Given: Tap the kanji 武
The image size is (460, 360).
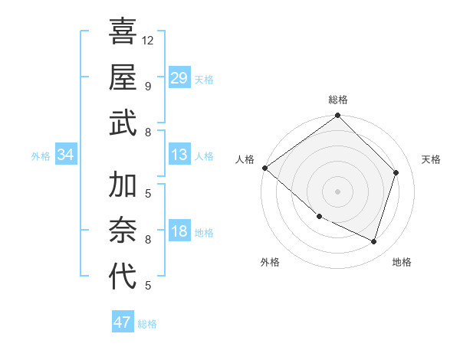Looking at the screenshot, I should [123, 122].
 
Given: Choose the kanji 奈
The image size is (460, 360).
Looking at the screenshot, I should [123, 231].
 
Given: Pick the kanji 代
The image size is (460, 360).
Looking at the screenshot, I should [123, 277].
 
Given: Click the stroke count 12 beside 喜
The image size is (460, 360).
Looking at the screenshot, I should [148, 40].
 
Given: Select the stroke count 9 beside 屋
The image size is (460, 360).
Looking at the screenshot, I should [148, 86].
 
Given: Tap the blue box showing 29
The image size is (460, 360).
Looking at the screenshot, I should [179, 78].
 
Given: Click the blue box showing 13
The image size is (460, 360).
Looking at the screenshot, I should [179, 155].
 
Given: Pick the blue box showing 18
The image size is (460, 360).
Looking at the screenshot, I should [179, 233].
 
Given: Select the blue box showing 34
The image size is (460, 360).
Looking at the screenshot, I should [65, 155].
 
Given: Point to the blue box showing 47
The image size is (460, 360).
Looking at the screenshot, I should [123, 322].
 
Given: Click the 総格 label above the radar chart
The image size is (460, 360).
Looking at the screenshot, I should [338, 100].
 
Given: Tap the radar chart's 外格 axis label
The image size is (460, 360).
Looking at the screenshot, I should [270, 262].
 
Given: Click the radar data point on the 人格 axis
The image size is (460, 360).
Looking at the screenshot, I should [264, 168].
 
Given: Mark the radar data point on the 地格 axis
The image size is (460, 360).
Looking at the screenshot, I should [374, 241].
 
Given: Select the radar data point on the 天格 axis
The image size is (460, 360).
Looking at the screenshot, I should [396, 172].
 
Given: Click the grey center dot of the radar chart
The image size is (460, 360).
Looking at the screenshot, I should [338, 191].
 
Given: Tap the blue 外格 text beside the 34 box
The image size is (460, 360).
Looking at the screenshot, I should [41, 156].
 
